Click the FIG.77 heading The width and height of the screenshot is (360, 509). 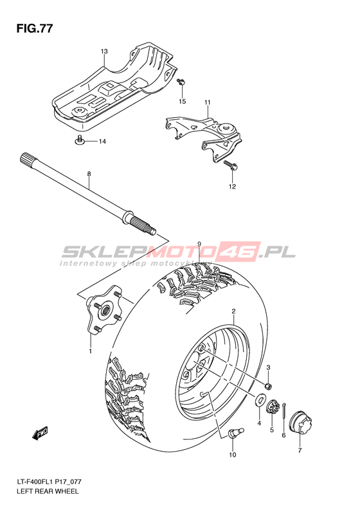tap(34, 29)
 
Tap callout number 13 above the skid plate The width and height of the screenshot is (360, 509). tap(104, 51)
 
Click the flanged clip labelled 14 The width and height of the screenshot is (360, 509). tap(79, 140)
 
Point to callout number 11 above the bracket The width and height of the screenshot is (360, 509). tap(208, 102)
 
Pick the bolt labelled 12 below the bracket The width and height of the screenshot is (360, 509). tap(231, 165)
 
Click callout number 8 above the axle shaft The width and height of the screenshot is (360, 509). tap(89, 174)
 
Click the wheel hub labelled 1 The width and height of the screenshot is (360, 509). tap(104, 310)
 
